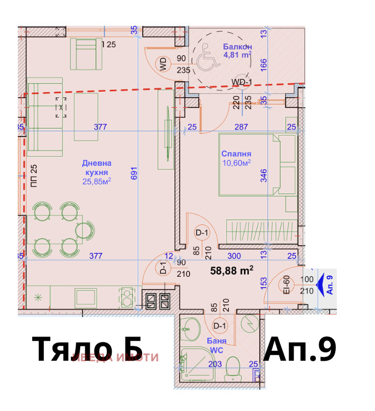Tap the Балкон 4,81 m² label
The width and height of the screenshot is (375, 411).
237,51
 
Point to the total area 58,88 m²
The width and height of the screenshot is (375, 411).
232,270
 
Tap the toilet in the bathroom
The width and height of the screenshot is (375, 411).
234,368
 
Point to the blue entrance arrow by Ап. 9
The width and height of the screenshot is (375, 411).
320,286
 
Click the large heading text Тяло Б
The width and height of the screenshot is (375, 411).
87,350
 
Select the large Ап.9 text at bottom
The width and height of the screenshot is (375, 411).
300,350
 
